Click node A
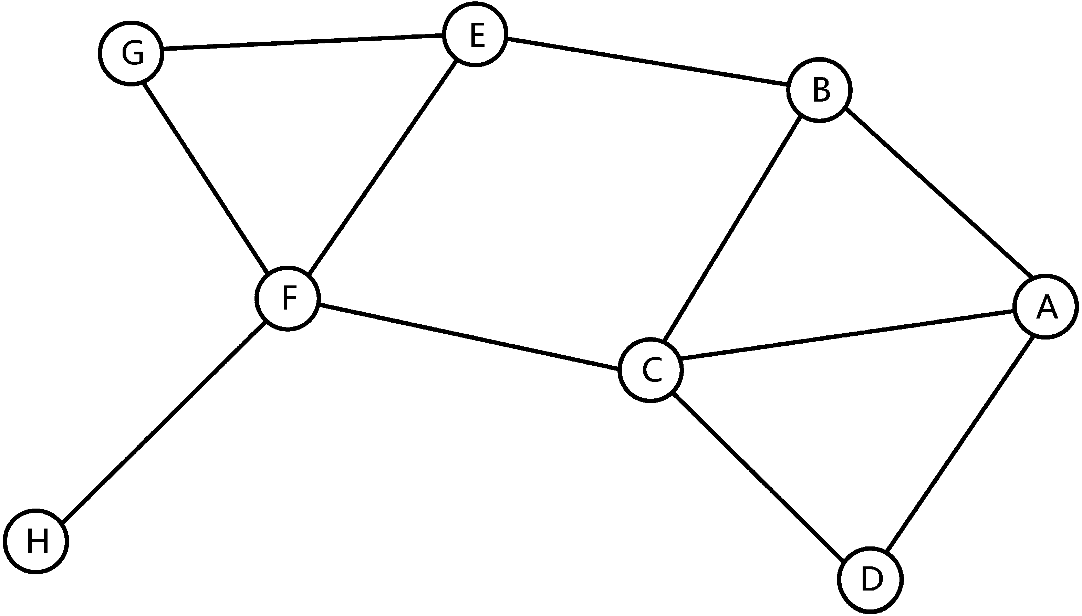click(x=1045, y=306)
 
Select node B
click(x=819, y=91)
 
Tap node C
click(x=651, y=370)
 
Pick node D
click(x=871, y=579)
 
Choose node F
click(x=288, y=298)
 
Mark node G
click(x=131, y=53)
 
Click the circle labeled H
click(x=36, y=541)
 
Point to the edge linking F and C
click(x=469, y=337)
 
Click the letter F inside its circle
click(x=289, y=298)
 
